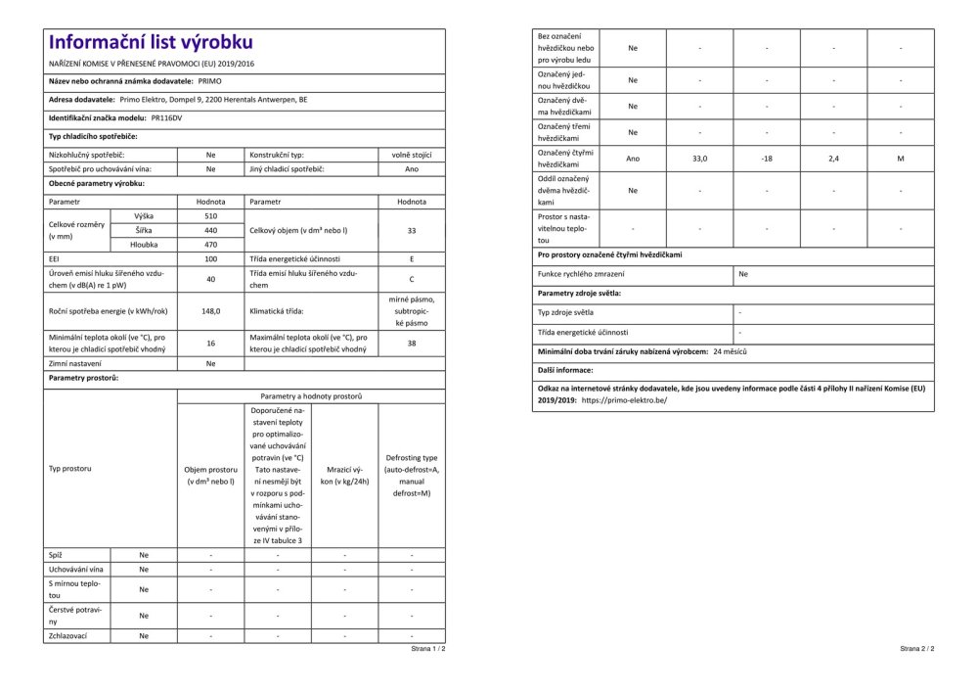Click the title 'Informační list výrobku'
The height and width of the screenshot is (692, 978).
(151, 42)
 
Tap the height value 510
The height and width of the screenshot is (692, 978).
(210, 215)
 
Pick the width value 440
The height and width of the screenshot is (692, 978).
(210, 229)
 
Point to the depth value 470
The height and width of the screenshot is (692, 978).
(210, 244)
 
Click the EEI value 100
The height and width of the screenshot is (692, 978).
(210, 258)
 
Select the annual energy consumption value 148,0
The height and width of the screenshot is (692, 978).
(210, 311)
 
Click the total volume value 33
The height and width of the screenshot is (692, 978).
(412, 230)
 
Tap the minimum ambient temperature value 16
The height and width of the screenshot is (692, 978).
(210, 344)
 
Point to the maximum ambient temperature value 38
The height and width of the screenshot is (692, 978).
(412, 344)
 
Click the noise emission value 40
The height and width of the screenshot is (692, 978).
(210, 279)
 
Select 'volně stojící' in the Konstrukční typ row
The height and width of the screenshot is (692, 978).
(412, 155)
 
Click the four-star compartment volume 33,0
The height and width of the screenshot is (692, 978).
(699, 158)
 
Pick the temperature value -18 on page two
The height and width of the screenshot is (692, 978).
(767, 158)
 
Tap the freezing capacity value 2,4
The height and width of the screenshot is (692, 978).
(833, 158)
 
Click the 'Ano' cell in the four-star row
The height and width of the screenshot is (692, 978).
(633, 158)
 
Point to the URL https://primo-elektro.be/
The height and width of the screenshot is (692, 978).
(624, 400)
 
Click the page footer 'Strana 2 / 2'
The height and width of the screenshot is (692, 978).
(916, 648)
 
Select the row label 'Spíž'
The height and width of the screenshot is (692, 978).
(56, 555)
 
